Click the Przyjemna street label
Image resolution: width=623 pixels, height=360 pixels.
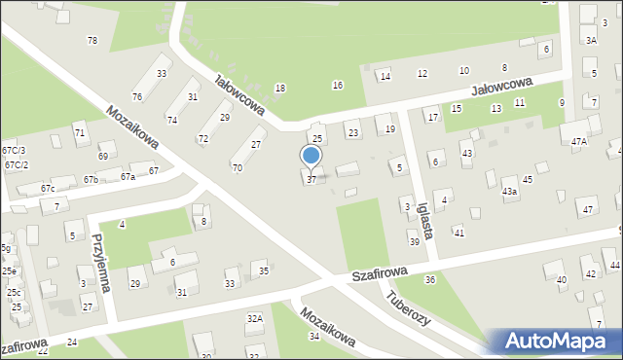100,262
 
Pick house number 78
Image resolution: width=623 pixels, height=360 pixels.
92,40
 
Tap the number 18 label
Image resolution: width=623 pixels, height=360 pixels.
280,89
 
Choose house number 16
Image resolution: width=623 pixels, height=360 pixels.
338,86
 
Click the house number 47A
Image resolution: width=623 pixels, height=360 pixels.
579,142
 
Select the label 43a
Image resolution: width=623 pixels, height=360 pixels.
509,192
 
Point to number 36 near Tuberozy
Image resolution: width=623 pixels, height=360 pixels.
429,279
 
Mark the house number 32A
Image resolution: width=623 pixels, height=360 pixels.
254,318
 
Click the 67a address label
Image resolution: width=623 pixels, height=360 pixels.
128,177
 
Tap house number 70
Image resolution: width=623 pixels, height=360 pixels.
238,167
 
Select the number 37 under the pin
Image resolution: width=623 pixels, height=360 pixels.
311,179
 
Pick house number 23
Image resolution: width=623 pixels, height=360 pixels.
353,133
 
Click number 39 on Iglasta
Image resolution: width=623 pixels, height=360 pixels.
415,241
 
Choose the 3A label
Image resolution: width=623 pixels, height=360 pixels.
592,40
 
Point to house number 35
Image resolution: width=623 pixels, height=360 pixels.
264,271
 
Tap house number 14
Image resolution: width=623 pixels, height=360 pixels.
385,77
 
